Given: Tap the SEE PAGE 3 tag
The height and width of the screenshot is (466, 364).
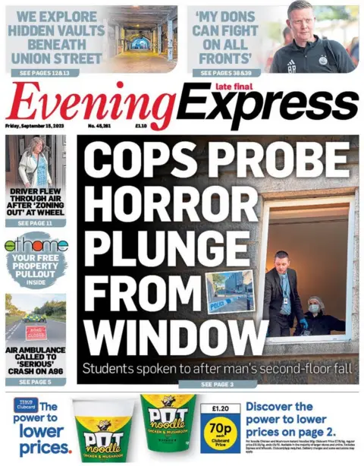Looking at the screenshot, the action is [x=218, y=385].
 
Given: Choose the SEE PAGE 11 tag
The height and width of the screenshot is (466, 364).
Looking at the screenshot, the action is [x=34, y=224].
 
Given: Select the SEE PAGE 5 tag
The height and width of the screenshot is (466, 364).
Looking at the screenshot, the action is [x=34, y=382].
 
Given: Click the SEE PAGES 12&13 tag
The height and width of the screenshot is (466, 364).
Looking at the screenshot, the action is [x=45, y=73].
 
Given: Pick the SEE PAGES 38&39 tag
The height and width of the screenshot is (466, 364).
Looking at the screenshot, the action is [x=227, y=73].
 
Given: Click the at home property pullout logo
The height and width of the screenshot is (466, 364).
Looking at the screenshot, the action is [x=36, y=245].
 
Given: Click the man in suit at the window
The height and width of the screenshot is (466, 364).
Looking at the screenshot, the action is [x=281, y=291].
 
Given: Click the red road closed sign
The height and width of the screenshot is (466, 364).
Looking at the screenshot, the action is [x=36, y=332].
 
